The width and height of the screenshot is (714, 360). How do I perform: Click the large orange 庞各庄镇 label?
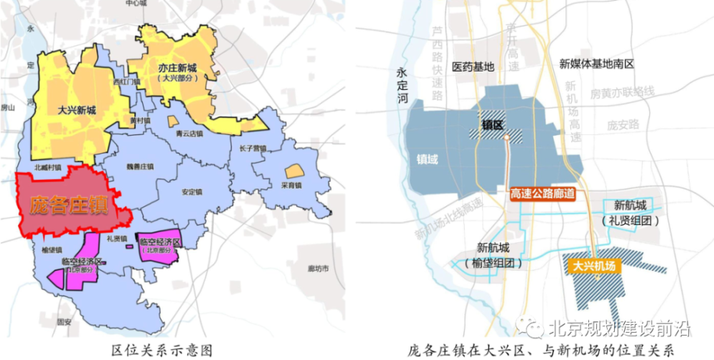click(69, 205)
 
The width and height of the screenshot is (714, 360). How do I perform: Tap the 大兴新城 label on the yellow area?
click(77, 110)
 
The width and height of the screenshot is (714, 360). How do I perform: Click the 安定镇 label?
click(192, 191)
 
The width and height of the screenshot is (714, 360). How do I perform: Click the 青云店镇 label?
click(190, 132)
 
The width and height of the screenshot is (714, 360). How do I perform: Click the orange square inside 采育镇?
click(293, 171)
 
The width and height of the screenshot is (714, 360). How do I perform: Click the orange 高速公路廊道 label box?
click(543, 193)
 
